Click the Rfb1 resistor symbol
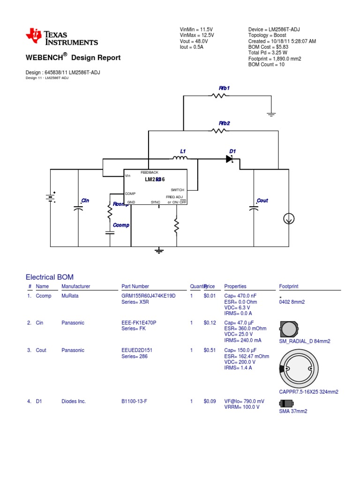[x=219, y=96]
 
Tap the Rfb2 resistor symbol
[x=219, y=131]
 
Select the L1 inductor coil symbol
[x=180, y=158]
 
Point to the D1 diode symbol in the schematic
[x=229, y=159]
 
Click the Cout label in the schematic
[x=262, y=201]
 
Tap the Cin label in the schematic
[x=85, y=201]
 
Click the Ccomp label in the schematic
[x=121, y=225]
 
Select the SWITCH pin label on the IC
[x=178, y=190]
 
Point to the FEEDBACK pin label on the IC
[x=150, y=172]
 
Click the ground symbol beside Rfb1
[x=270, y=113]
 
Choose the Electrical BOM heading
[x=49, y=277]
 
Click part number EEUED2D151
[x=137, y=350]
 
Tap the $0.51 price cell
[x=210, y=350]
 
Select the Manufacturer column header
[x=75, y=286]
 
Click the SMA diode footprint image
[x=285, y=403]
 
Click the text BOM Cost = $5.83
[x=269, y=47]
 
